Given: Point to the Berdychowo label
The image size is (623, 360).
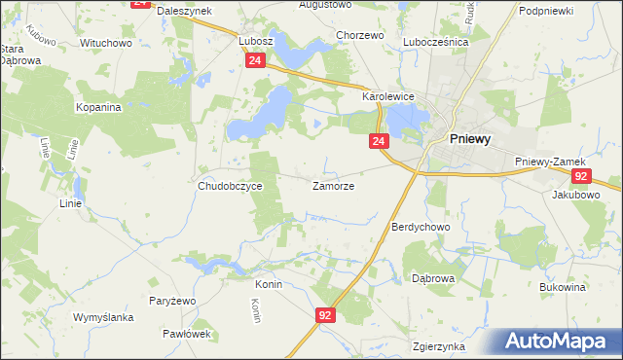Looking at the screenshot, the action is click(x=420, y=227).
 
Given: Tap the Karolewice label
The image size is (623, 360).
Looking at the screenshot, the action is click(x=389, y=97).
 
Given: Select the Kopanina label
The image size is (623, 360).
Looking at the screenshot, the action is click(x=98, y=107).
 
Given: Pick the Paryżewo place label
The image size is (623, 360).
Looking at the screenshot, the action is click(x=172, y=302).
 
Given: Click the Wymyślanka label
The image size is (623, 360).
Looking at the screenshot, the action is click(x=103, y=318).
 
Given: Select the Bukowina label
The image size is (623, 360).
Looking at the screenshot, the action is click(x=562, y=288).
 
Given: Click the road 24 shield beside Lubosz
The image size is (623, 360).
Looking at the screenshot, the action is click(x=253, y=60).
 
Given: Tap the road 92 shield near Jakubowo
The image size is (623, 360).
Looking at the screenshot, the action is click(x=580, y=175).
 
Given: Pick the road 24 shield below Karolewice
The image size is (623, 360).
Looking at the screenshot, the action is click(x=379, y=142).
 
